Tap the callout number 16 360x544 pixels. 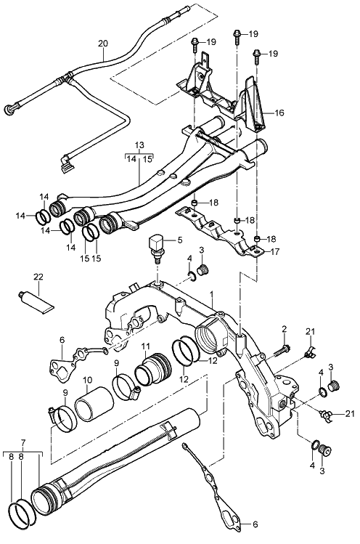279,114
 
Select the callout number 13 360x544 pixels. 140,145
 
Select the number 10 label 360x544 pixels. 87,380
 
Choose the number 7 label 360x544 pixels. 23,442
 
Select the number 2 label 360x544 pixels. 285,328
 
